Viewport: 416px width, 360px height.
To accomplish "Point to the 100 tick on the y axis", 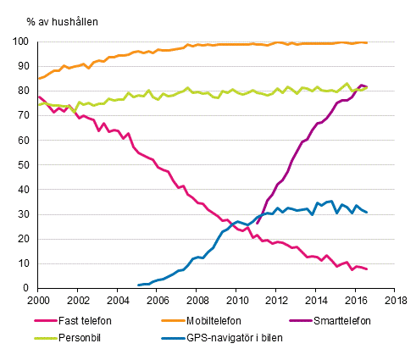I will (x=24, y=42).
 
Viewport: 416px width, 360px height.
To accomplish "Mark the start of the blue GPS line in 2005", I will (x=137, y=285).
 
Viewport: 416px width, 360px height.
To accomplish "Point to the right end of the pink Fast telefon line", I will (x=367, y=269).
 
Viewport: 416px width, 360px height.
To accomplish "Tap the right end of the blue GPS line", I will (x=367, y=213).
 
